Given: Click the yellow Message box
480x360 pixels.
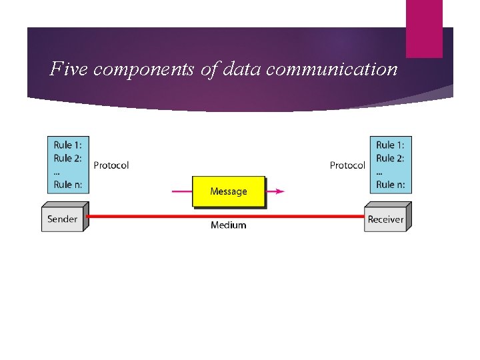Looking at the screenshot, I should click(228, 191).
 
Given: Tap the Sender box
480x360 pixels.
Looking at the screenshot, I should click(62, 219).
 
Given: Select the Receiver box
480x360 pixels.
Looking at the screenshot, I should click(385, 219).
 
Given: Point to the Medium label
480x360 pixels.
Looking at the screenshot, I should click(228, 225).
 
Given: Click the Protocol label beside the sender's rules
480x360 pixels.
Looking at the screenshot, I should click(111, 165).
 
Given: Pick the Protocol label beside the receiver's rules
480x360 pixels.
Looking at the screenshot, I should click(347, 165).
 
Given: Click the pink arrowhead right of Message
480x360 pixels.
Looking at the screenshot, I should click(279, 191).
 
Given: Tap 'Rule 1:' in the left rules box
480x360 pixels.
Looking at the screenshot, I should click(68, 145).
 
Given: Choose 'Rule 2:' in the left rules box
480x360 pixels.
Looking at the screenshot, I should click(68, 158).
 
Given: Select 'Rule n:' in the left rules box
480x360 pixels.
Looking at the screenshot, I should click(68, 185).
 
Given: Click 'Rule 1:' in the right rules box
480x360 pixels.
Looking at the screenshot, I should click(390, 145).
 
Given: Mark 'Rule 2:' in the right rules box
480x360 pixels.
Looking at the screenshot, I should click(390, 158).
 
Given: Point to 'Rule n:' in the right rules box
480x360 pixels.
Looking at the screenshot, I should click(390, 185).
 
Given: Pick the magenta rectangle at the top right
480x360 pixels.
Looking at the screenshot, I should click(424, 28).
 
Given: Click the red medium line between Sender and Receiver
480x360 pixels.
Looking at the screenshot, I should click(227, 216).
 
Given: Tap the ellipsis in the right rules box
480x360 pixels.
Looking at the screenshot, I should click(379, 172).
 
